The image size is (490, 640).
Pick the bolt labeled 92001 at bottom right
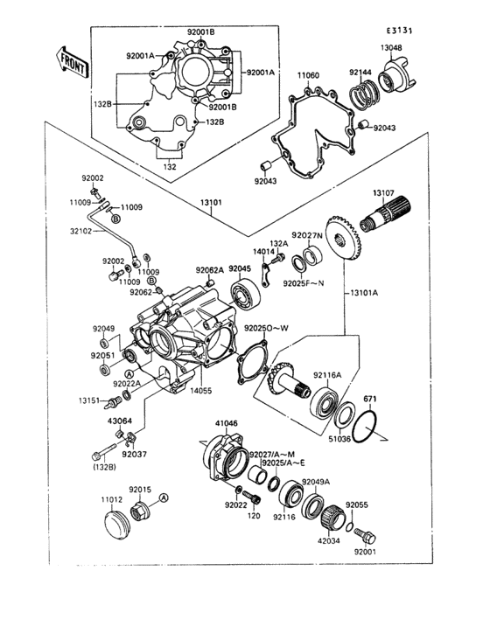pos(368,533)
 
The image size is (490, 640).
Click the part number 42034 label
pos(328,541)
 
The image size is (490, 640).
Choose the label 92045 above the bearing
pos(240,268)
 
